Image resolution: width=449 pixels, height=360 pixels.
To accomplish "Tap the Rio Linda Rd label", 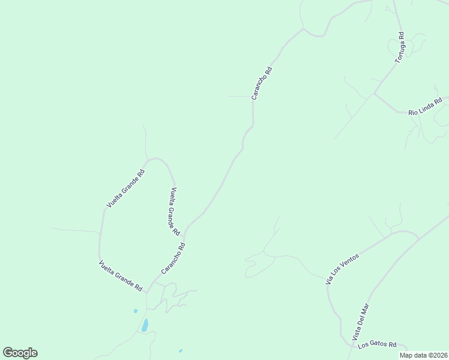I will (x=425, y=107).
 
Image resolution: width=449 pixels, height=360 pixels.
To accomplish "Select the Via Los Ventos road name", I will (x=342, y=269).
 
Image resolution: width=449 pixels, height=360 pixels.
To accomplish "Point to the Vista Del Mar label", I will (x=363, y=323).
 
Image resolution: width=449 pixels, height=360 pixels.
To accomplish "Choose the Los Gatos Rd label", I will (x=378, y=345).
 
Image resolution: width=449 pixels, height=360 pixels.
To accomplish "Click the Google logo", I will (x=20, y=353).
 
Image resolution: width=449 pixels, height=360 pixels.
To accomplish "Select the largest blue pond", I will (x=145, y=326).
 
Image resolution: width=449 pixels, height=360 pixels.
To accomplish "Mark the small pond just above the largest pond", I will (x=136, y=311).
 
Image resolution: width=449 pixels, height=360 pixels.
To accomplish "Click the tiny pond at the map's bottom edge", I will (x=181, y=350).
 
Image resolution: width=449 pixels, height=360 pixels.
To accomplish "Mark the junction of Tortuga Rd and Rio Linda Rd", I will (x=375, y=93).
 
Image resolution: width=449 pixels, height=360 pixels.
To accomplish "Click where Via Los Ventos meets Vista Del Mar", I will (x=417, y=238).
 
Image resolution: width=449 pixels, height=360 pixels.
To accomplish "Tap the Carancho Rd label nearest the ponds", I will (x=173, y=259).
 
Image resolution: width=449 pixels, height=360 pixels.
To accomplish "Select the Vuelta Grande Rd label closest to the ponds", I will (x=120, y=276).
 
